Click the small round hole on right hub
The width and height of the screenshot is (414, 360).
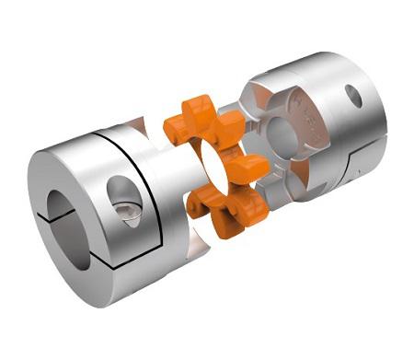[x=353, y=94]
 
